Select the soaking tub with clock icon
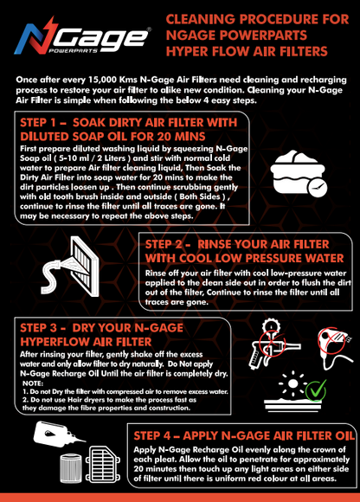pyautogui.click(x=299, y=173)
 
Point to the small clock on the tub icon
pyautogui.click(x=318, y=187)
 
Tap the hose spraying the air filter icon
pyautogui.click(x=70, y=267)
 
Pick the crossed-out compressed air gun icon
pyautogui.click(x=273, y=344)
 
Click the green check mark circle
pyautogui.click(x=316, y=390)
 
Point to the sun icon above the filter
pyautogui.click(x=292, y=383)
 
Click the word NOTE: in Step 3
pyautogui.click(x=33, y=383)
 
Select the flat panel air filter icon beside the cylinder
pyautogui.click(x=103, y=464)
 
